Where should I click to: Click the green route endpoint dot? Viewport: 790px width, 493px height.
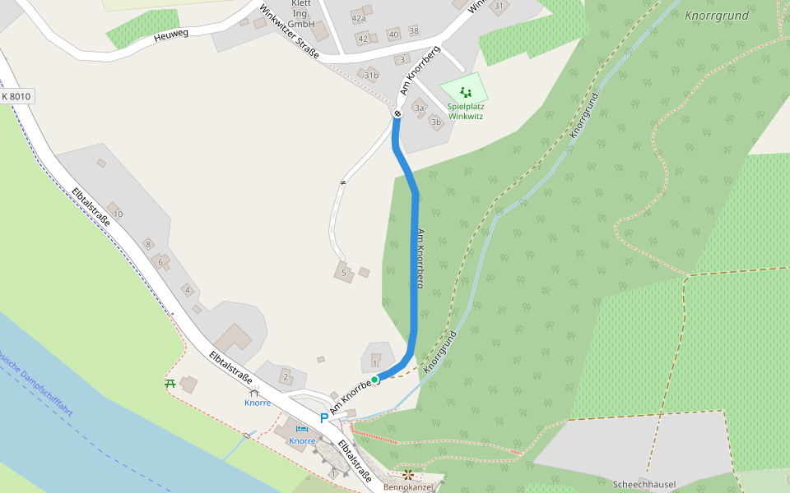(374, 379)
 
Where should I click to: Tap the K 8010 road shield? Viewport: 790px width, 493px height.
(16, 97)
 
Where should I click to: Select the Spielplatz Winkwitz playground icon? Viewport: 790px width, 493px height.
(466, 92)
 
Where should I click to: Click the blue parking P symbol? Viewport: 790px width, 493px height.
(324, 418)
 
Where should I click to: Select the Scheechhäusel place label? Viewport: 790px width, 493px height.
(644, 485)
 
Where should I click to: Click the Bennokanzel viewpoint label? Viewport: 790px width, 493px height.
(409, 486)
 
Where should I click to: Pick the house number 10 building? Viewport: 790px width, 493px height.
(117, 214)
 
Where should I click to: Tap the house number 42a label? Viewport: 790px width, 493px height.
(358, 18)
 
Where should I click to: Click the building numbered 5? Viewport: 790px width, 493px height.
(343, 272)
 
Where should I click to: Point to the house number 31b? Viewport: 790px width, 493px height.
(372, 76)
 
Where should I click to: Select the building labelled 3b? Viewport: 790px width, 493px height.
(436, 122)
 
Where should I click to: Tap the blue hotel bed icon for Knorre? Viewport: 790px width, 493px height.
(302, 429)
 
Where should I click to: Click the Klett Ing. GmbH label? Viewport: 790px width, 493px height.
(302, 14)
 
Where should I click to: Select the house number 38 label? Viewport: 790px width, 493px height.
(413, 31)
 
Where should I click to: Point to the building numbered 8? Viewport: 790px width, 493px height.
(148, 244)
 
